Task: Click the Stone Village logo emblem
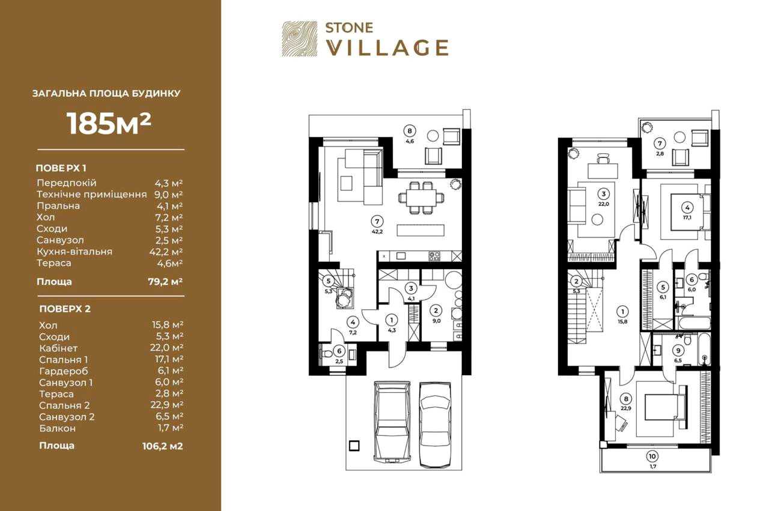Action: [300, 38]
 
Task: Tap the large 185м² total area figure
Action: [109, 124]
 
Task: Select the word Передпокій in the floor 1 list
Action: [67, 183]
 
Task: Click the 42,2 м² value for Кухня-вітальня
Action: [165, 252]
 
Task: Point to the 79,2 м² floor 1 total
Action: [165, 282]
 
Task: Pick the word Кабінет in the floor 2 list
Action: [58, 348]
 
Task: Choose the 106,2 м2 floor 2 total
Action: [162, 446]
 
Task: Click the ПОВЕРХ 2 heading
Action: [65, 309]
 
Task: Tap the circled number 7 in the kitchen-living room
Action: [377, 222]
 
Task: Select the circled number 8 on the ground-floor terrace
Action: [410, 131]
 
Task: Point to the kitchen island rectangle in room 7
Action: [421, 230]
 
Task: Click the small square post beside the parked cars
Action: [354, 446]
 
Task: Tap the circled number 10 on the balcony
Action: [652, 456]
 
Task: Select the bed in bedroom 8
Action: [665, 412]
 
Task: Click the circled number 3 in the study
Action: [604, 194]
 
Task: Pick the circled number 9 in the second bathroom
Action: [678, 351]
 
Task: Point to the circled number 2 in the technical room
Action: [436, 310]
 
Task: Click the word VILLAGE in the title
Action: [387, 47]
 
